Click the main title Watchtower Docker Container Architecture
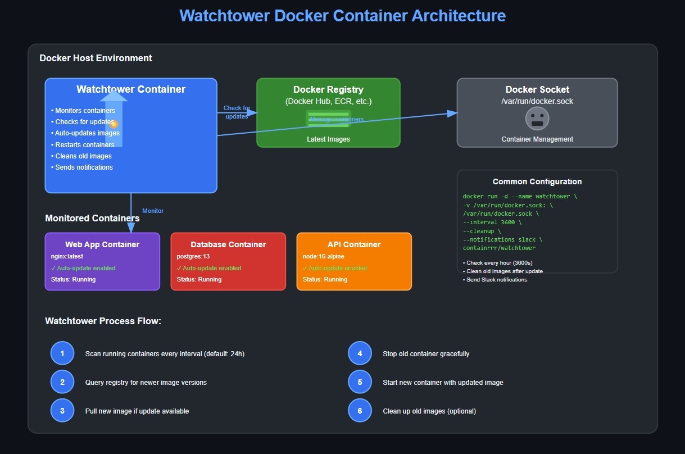[342, 15]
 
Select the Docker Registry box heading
[328, 89]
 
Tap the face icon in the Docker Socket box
[537, 119]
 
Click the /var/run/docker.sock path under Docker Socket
[537, 101]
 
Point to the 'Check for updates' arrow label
[237, 112]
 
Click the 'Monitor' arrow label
[153, 211]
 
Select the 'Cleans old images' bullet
[83, 156]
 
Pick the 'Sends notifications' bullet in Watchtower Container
[84, 167]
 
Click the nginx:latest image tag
[67, 256]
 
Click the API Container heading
[354, 244]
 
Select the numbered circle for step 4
[360, 353]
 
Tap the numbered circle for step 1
[62, 353]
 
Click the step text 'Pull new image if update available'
[137, 411]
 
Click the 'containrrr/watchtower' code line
[499, 248]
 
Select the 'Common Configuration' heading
[537, 181]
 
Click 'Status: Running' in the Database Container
[199, 279]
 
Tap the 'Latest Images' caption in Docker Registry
[328, 139]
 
